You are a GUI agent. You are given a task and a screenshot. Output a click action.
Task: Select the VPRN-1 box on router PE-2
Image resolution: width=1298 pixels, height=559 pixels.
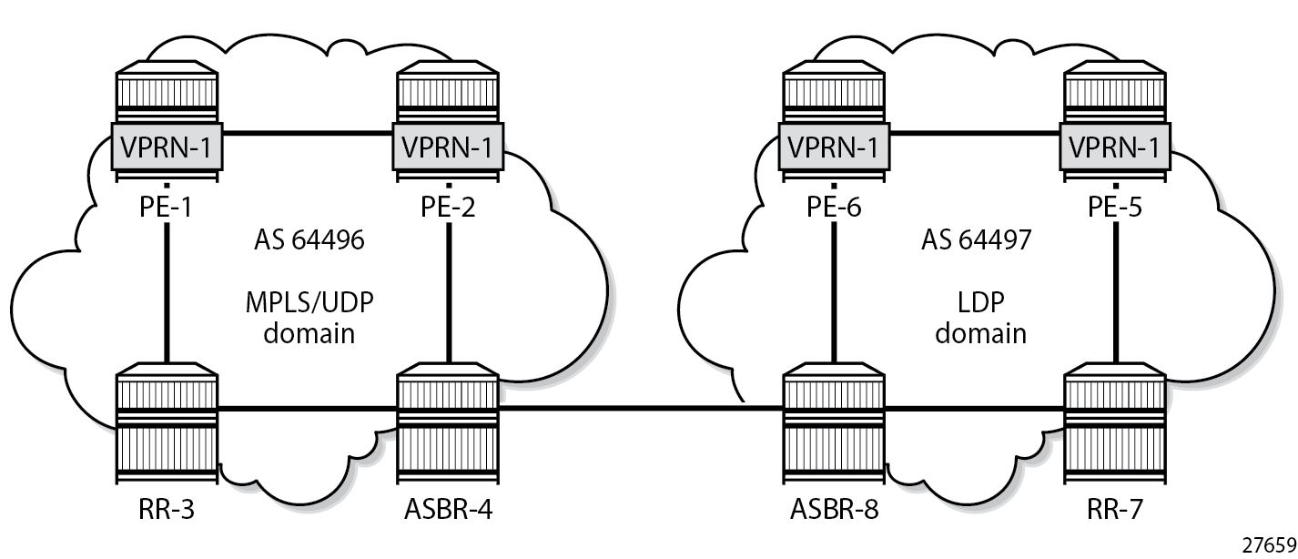click(x=448, y=146)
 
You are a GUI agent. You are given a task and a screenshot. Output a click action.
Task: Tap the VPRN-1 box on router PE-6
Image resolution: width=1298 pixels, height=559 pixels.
click(x=836, y=146)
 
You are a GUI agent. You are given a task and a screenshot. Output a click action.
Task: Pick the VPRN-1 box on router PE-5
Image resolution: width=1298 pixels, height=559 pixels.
click(x=1114, y=146)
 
